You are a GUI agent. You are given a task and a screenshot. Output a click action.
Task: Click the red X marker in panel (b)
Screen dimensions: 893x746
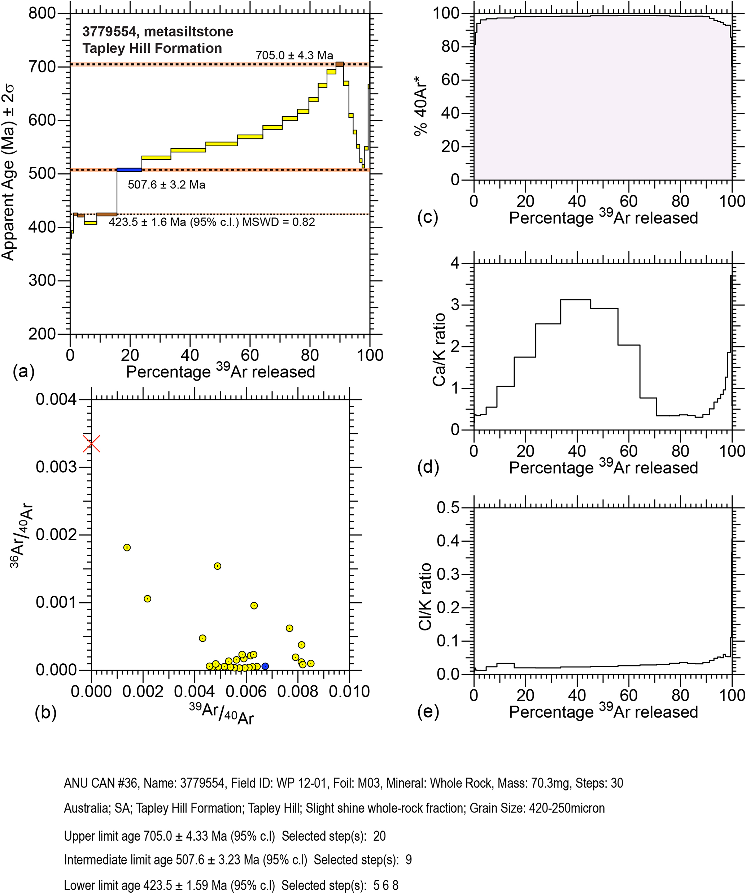[x=91, y=443]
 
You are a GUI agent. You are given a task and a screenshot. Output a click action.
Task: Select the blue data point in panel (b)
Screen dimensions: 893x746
[x=265, y=666]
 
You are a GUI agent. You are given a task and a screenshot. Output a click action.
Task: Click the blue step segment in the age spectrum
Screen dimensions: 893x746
[x=129, y=170]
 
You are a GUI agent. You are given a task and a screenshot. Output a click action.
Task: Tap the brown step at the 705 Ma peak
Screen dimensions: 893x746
[x=340, y=64]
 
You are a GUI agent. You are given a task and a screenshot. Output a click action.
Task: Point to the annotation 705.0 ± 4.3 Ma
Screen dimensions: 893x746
[x=294, y=55]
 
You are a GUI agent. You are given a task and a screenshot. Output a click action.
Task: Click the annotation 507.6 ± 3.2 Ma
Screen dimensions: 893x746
[x=167, y=185]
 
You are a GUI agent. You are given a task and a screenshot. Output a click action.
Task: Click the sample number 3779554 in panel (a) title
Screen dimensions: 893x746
[x=109, y=31]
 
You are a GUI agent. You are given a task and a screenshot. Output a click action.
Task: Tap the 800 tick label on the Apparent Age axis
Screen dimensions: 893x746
[x=42, y=14]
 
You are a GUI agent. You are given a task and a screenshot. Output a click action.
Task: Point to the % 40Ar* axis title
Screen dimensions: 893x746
[x=421, y=110]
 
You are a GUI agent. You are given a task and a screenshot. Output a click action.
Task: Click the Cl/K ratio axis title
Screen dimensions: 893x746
[x=425, y=597]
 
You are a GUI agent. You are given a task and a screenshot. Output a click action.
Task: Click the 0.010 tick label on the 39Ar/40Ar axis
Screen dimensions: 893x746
[x=349, y=692]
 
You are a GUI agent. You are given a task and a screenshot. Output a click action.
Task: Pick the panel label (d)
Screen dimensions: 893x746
[x=428, y=467]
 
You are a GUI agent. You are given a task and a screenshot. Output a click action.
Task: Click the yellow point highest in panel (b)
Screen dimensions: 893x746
[x=127, y=547]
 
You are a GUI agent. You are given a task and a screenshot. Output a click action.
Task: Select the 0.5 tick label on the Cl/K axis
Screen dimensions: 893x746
[x=449, y=508]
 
